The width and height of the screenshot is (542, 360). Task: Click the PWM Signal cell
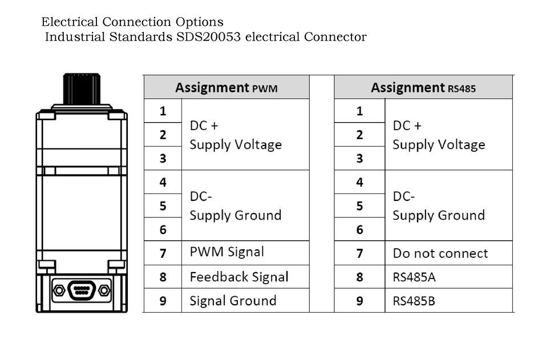click(245, 253)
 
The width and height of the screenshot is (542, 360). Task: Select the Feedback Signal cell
click(245, 277)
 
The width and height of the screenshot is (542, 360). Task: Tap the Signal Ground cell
click(245, 301)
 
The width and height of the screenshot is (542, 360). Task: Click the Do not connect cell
click(448, 253)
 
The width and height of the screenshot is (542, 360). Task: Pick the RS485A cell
click(448, 277)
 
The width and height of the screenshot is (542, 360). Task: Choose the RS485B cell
click(448, 301)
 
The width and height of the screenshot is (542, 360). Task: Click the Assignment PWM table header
click(226, 87)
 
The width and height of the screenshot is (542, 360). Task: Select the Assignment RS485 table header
click(423, 87)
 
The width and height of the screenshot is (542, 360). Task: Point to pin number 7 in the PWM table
click(163, 253)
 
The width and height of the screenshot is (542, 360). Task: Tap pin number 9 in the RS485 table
click(359, 301)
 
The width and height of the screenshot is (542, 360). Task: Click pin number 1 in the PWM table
click(163, 111)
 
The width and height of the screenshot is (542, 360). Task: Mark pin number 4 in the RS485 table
click(359, 182)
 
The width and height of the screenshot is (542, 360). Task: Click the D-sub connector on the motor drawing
click(82, 290)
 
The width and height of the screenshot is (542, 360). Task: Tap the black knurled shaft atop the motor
click(82, 89)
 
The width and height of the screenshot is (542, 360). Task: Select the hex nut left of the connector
click(59, 290)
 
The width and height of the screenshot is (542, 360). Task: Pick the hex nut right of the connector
click(104, 290)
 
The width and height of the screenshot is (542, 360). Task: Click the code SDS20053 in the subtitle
click(208, 37)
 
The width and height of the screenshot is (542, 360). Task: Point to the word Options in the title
click(200, 22)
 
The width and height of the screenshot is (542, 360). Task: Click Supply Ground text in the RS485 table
click(439, 216)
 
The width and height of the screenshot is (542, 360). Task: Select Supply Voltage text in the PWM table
click(236, 144)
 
